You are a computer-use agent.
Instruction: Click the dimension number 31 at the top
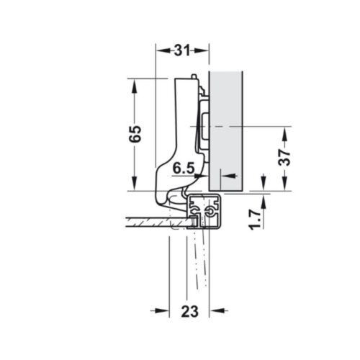coord(182,50)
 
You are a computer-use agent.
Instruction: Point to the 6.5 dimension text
coord(184,168)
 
